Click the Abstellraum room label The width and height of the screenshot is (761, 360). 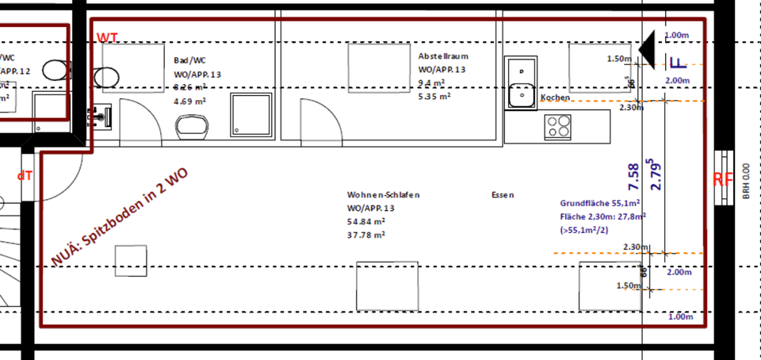click(444, 56)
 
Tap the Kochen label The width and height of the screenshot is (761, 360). click(555, 98)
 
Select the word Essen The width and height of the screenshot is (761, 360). click(503, 194)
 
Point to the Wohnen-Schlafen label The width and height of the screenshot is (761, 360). click(383, 194)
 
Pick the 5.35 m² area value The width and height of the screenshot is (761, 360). click(434, 96)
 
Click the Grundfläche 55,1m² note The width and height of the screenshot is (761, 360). click(601, 203)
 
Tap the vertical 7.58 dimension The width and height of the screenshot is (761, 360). click(633, 176)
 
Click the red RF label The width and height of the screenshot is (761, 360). click(721, 179)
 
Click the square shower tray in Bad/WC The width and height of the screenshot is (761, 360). click(250, 115)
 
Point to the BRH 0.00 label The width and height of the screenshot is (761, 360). click(746, 182)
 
